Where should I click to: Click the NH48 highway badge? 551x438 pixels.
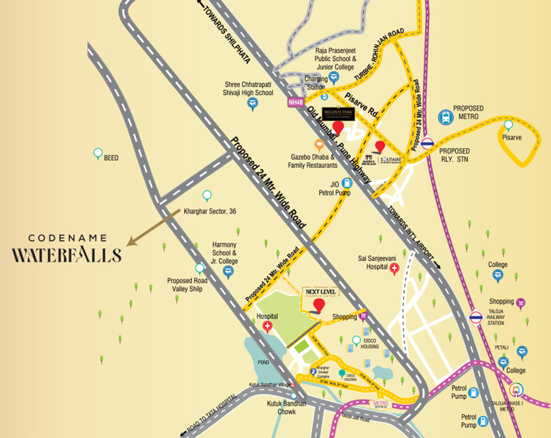point(295,102)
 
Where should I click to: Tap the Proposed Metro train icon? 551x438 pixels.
point(446,117)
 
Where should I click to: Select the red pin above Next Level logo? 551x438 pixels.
point(319,306)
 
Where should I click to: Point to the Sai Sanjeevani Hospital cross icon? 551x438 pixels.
point(394,269)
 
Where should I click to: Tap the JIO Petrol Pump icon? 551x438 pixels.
point(347,182)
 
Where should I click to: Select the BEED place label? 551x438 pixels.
point(111,158)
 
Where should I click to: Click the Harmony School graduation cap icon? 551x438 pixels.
point(227,271)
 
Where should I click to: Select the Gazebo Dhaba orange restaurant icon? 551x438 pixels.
point(319,145)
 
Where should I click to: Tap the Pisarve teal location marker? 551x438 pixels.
point(508,126)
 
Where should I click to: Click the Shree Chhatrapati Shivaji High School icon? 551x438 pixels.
point(252,103)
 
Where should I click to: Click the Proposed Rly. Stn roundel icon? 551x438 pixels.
point(427,143)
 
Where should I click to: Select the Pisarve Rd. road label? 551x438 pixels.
point(361,104)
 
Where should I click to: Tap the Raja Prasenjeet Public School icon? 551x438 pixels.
point(333,77)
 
